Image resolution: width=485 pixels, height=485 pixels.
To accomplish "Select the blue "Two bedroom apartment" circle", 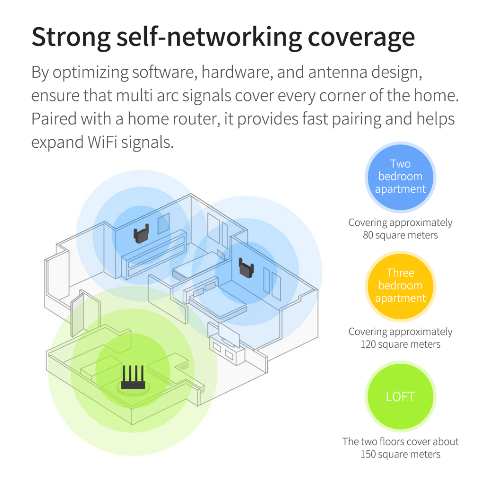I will pos(400,177).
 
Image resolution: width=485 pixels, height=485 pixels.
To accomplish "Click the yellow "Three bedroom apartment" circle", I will pos(400,286).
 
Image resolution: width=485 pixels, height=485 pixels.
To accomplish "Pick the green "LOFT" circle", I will pos(400,396).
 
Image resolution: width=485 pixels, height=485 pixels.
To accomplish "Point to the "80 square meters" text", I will pos(400,235).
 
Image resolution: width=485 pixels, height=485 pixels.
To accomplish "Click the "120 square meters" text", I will pos(400,344).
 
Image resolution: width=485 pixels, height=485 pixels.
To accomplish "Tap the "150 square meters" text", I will pos(400,455).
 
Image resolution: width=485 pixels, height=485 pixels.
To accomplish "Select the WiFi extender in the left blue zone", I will pos(142,233).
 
